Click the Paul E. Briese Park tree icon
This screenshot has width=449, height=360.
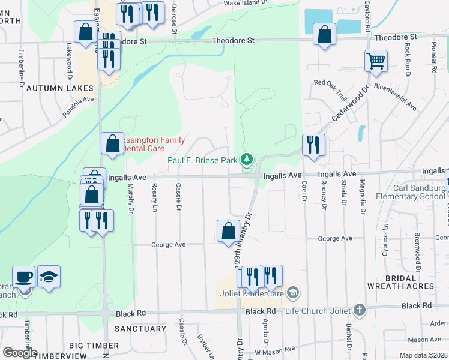[246, 160]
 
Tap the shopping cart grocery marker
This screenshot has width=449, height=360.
[376, 61]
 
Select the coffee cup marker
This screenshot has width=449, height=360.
[24, 277]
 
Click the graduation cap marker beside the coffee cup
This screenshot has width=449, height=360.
[49, 277]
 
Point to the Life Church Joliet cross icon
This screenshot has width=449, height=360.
[359, 310]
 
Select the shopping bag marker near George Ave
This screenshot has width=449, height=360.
[228, 231]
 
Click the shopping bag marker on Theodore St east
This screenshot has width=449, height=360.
[324, 34]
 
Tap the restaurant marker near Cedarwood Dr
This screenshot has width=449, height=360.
[313, 145]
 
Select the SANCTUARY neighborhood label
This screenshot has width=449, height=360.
[140, 329]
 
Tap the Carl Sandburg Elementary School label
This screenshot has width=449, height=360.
[411, 192]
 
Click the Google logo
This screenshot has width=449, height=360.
[20, 352]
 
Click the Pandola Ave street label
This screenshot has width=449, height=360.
[78, 106]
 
